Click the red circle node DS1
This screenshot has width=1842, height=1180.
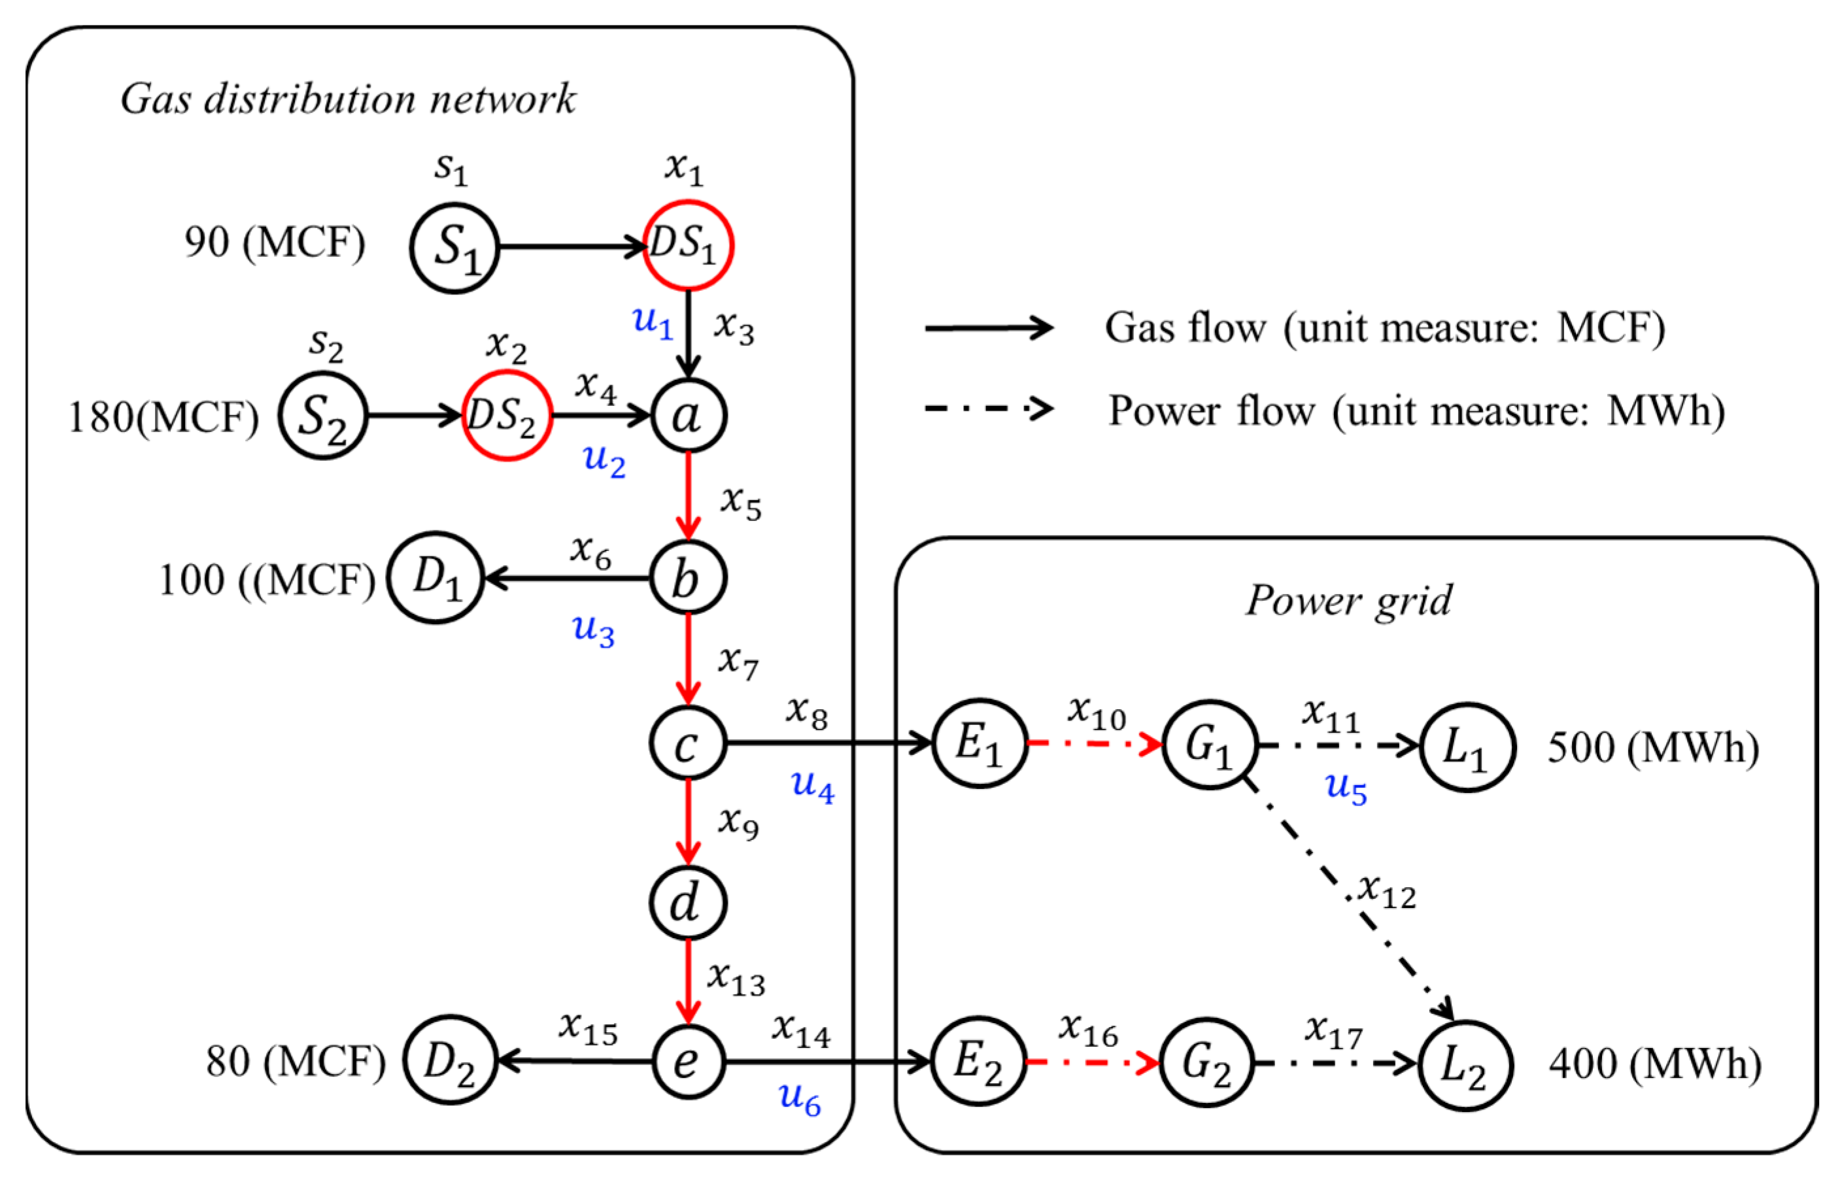pos(687,245)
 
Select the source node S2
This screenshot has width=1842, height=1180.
pos(322,416)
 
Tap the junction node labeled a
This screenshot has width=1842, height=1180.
pos(688,416)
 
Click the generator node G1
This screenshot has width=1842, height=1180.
pos(1209,744)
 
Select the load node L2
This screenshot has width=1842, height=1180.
pos(1464,1065)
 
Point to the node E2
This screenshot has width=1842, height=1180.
pos(978,1062)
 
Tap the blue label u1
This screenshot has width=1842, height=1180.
pos(652,320)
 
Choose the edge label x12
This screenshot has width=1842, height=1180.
pos(1387,891)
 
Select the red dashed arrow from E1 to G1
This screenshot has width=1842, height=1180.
pos(1094,743)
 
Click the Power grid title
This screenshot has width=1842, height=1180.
pos(1348,600)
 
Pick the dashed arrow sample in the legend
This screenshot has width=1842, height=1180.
pos(989,409)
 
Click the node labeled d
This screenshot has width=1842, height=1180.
pos(687,903)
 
